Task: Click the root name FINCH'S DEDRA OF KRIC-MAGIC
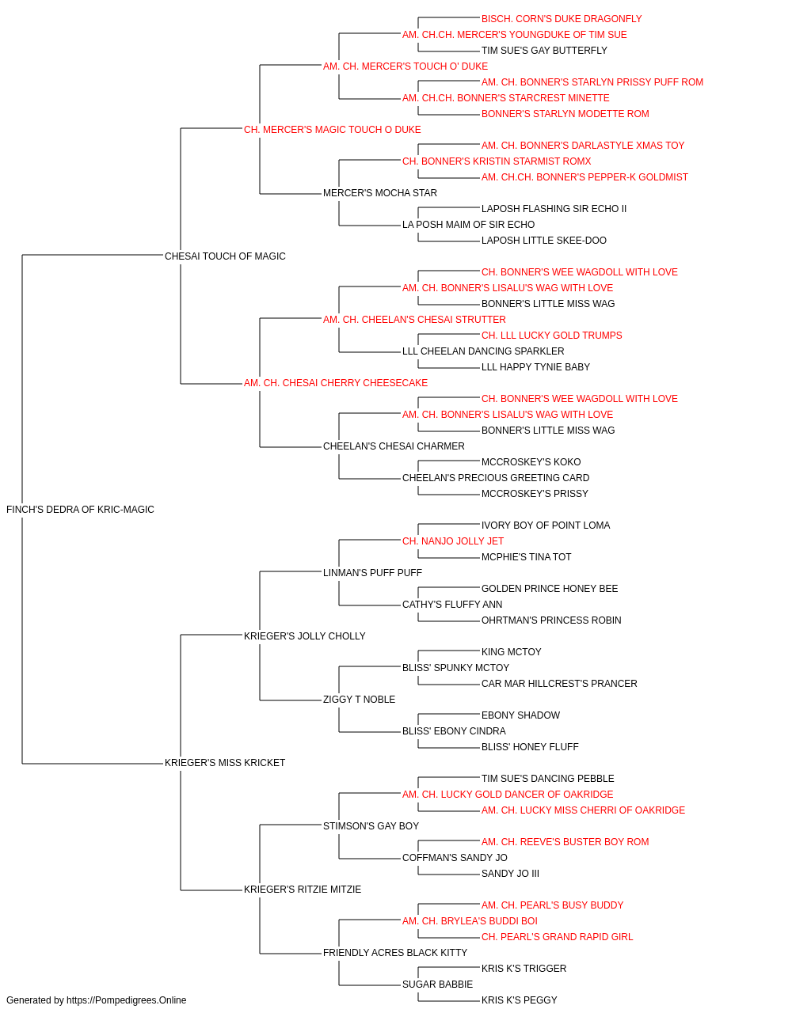click(80, 510)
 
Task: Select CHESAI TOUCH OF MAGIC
click(225, 256)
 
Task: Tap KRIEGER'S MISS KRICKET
click(225, 763)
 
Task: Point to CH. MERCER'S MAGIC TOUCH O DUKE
click(332, 130)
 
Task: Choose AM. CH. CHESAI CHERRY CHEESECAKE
click(335, 383)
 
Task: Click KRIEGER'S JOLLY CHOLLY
click(305, 636)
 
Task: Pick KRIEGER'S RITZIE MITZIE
click(303, 890)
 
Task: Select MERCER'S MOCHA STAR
click(380, 193)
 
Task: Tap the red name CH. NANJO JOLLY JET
click(453, 541)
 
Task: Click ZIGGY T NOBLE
click(359, 700)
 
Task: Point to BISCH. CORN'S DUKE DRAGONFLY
click(562, 19)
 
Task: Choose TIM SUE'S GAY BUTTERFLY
click(544, 51)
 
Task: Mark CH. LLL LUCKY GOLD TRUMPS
click(552, 336)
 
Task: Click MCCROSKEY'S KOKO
click(531, 462)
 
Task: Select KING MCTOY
click(511, 651)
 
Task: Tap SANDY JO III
click(510, 874)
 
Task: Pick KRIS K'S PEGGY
click(519, 1000)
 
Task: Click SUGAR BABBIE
click(437, 984)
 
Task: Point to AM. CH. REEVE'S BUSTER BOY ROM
click(565, 842)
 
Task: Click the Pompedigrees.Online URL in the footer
click(127, 1000)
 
